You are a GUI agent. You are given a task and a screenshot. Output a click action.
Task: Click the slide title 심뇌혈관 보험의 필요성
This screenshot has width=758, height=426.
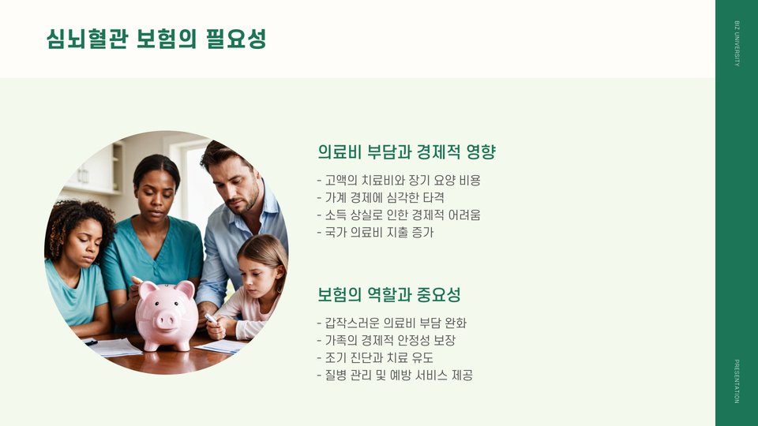click(x=156, y=39)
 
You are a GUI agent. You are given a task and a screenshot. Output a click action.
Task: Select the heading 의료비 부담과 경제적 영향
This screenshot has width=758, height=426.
click(x=407, y=152)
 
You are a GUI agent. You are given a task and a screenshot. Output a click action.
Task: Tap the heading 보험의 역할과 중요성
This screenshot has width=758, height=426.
click(x=389, y=294)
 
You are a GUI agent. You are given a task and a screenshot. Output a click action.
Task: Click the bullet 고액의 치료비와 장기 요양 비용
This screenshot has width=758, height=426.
click(x=399, y=181)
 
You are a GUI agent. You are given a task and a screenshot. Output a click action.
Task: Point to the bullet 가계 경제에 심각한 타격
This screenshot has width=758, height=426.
click(x=381, y=197)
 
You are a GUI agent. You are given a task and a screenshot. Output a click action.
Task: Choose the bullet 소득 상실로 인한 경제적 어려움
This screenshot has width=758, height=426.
click(x=399, y=215)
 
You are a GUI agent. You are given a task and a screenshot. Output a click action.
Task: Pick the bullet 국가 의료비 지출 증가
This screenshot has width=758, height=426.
click(x=376, y=232)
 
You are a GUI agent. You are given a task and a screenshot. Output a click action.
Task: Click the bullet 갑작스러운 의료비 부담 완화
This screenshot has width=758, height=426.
click(x=392, y=323)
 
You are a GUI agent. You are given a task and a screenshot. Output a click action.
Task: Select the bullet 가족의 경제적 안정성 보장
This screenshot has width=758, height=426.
click(x=386, y=341)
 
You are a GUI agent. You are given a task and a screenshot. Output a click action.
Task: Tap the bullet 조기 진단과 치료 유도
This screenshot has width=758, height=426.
click(x=375, y=358)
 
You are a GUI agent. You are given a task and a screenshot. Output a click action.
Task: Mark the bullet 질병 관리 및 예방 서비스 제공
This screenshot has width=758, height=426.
click(x=395, y=376)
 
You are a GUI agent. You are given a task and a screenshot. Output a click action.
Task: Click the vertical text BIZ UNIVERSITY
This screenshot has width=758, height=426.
click(x=737, y=43)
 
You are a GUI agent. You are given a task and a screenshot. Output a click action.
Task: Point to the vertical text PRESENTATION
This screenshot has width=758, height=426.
click(x=737, y=381)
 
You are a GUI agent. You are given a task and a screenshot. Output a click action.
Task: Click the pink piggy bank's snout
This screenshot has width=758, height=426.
click(x=166, y=320)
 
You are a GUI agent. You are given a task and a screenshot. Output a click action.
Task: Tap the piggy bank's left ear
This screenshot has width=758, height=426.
click(x=147, y=290)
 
